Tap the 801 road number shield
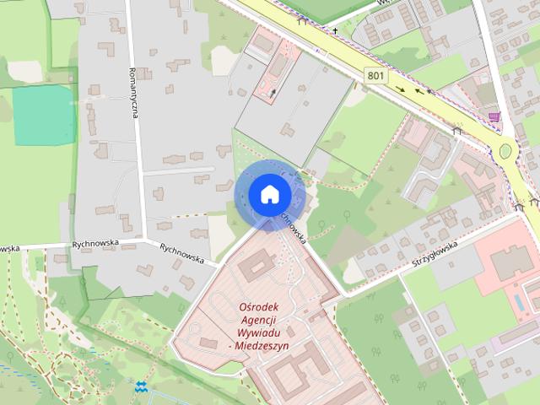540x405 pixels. pyautogui.click(x=377, y=76)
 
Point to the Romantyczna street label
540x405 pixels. pyautogui.click(x=133, y=105)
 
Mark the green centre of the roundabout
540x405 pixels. pyautogui.click(x=505, y=152)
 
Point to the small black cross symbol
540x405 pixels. pyautogui.click(x=335, y=31)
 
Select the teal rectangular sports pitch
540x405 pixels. pyautogui.click(x=44, y=115)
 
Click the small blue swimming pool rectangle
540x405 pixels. pyautogui.click(x=516, y=300)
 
